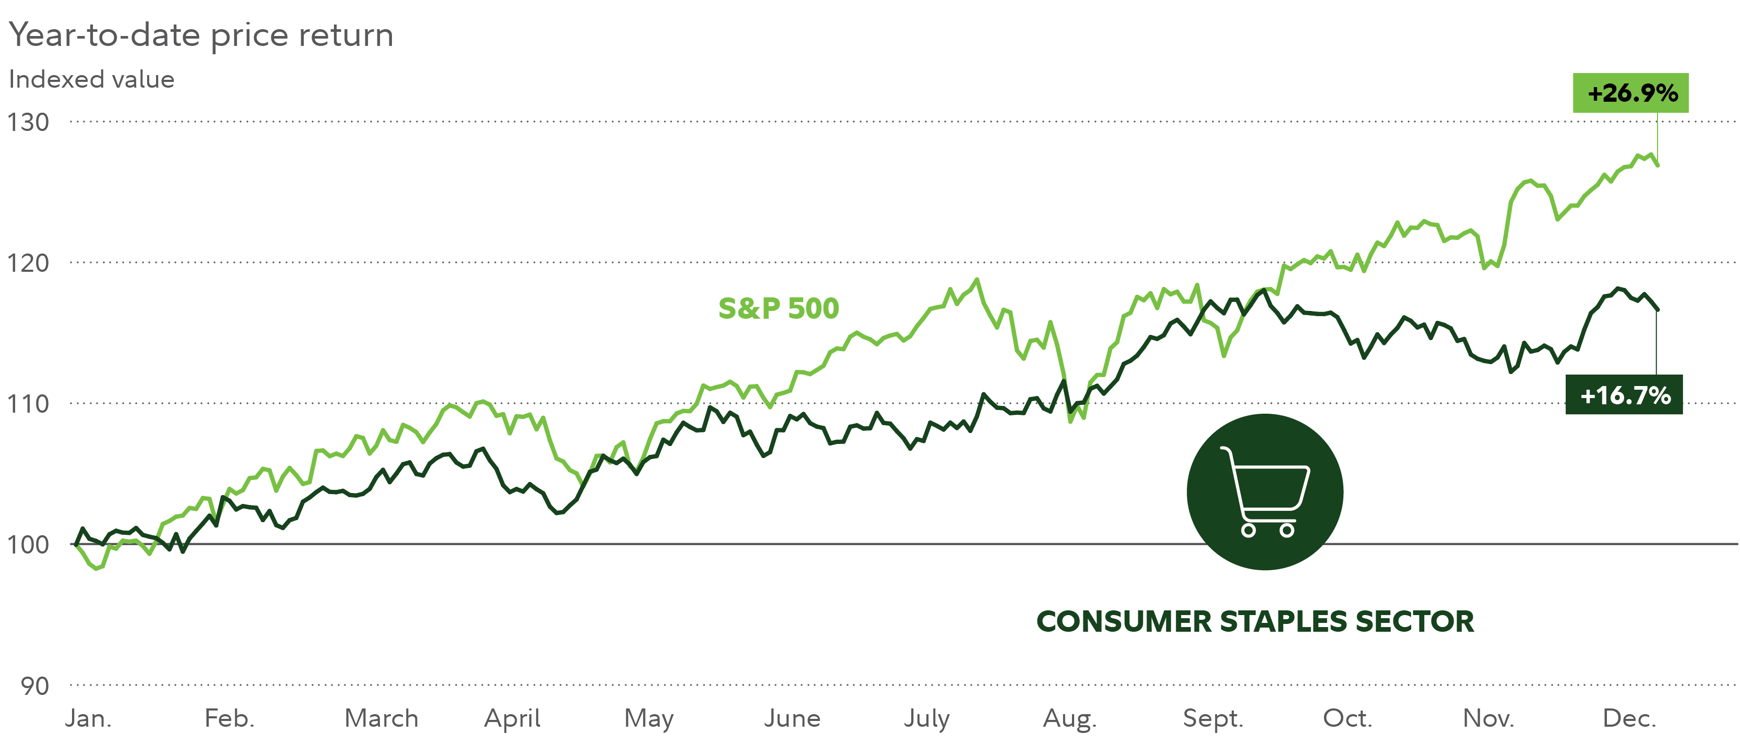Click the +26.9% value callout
pyautogui.click(x=1630, y=93)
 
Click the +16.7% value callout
pyautogui.click(x=1624, y=395)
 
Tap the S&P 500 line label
pyautogui.click(x=778, y=308)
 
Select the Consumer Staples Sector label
pyautogui.click(x=1255, y=621)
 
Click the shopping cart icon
pyautogui.click(x=1265, y=492)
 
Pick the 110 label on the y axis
pyautogui.click(x=28, y=404)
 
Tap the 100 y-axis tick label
pyautogui.click(x=28, y=544)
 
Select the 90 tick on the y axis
pyautogui.click(x=35, y=686)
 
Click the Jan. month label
pyautogui.click(x=89, y=718)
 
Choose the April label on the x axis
pyautogui.click(x=512, y=718)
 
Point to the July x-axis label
pyautogui.click(x=927, y=718)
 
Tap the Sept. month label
pyautogui.click(x=1213, y=718)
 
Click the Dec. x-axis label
pyautogui.click(x=1629, y=718)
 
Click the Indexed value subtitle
pyautogui.click(x=92, y=80)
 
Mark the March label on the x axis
pyautogui.click(x=382, y=718)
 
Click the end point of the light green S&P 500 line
pyautogui.click(x=1658, y=165)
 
